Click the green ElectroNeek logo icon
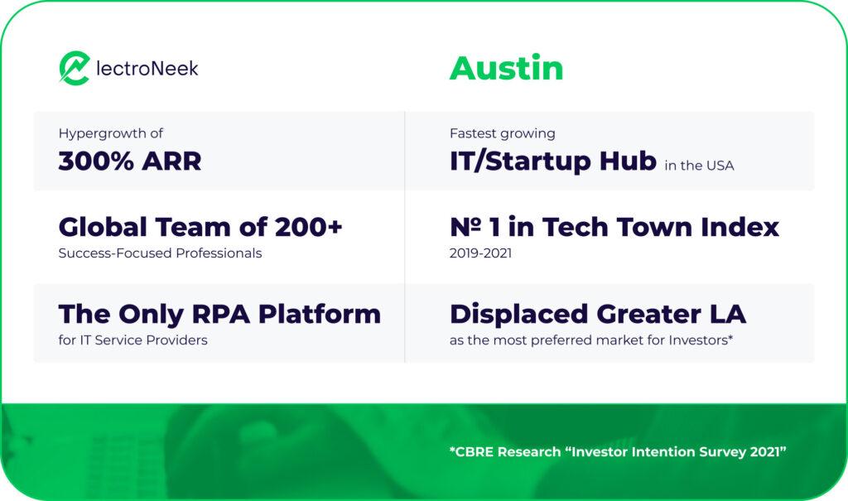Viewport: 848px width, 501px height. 74,69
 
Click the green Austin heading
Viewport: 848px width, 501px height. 506,68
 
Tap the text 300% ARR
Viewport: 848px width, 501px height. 129,161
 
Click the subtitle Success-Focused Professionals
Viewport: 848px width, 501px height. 160,253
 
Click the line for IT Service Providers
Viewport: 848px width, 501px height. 132,340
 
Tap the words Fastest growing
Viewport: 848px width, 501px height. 502,133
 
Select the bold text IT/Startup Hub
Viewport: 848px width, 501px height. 552,161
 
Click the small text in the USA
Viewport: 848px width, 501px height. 699,166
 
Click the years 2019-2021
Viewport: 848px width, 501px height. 480,253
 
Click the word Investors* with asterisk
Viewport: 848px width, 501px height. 700,340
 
